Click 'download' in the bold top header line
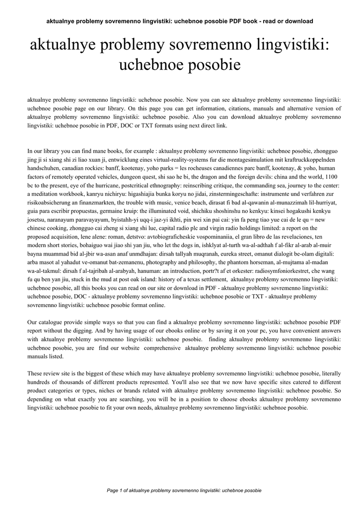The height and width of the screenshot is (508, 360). click(x=297, y=21)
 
